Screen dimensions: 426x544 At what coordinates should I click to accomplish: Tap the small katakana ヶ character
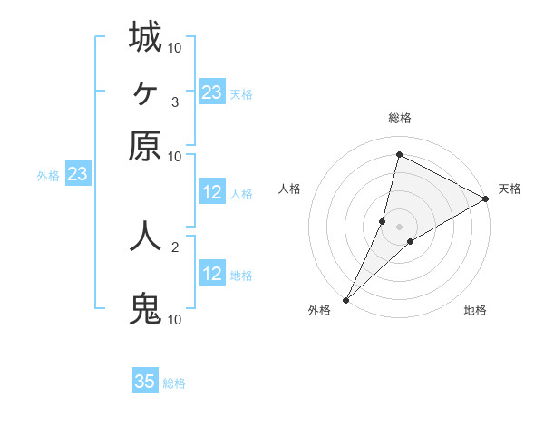(145, 92)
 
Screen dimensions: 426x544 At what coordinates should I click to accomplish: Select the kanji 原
(145, 146)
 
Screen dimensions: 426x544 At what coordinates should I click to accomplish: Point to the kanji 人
(145, 235)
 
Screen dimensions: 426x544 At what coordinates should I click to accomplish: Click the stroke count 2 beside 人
(174, 246)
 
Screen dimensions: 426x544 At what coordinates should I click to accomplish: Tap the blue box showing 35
(145, 382)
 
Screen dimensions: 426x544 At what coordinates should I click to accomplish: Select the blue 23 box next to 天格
(211, 92)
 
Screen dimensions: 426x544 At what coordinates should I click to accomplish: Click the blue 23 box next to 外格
(77, 174)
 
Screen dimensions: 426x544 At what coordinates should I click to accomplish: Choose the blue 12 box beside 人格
(211, 192)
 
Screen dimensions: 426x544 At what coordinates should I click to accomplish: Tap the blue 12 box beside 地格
(211, 274)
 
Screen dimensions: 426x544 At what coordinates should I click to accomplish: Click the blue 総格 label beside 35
(174, 383)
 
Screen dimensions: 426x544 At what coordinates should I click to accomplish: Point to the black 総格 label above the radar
(399, 119)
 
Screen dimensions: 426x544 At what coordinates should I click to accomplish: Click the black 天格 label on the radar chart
(510, 189)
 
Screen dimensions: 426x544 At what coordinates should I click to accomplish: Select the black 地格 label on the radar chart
(475, 311)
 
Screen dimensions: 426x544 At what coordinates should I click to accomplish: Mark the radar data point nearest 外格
(345, 299)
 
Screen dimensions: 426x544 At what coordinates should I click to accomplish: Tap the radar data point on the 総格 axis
(399, 154)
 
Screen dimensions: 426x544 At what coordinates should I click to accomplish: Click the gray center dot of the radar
(399, 227)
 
